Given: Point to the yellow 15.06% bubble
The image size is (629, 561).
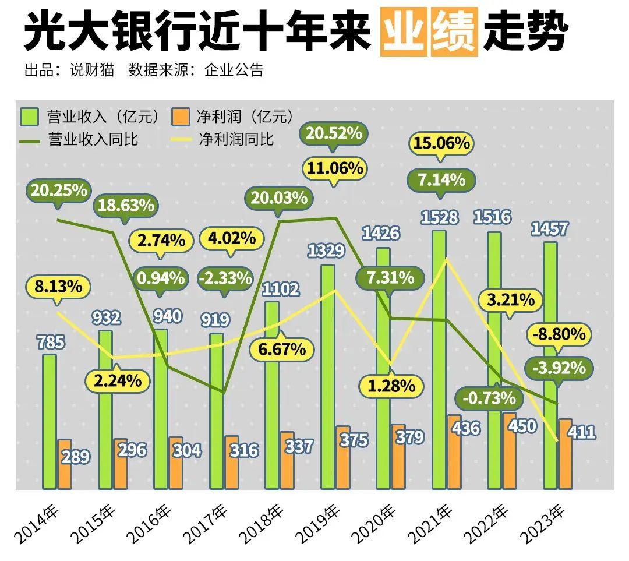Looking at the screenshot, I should click(441, 142).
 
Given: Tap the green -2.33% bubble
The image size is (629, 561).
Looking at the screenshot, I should click(225, 278).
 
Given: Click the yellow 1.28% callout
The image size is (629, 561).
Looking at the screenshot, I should click(391, 385).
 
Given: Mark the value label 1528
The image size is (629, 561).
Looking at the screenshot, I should click(441, 218).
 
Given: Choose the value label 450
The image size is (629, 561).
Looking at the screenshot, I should click(522, 426).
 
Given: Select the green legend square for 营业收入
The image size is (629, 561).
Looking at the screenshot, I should click(29, 116).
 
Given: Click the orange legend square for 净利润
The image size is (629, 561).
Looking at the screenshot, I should click(181, 116).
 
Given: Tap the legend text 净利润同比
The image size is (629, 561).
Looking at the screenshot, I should click(236, 139).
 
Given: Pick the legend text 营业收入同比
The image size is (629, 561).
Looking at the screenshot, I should click(93, 139).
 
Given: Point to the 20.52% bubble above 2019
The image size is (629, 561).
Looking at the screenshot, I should click(334, 133).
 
